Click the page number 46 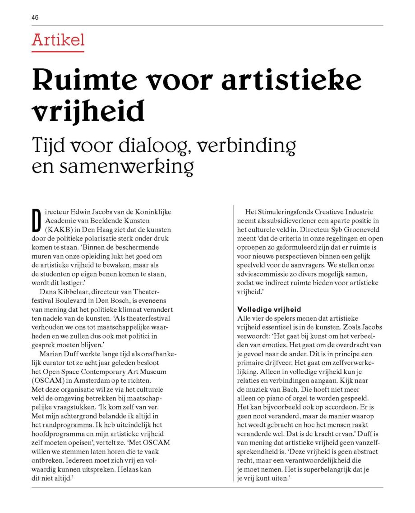35,18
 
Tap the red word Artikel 58,40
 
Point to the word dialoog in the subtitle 163,145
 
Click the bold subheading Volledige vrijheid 269,310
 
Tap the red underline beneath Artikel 58,51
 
